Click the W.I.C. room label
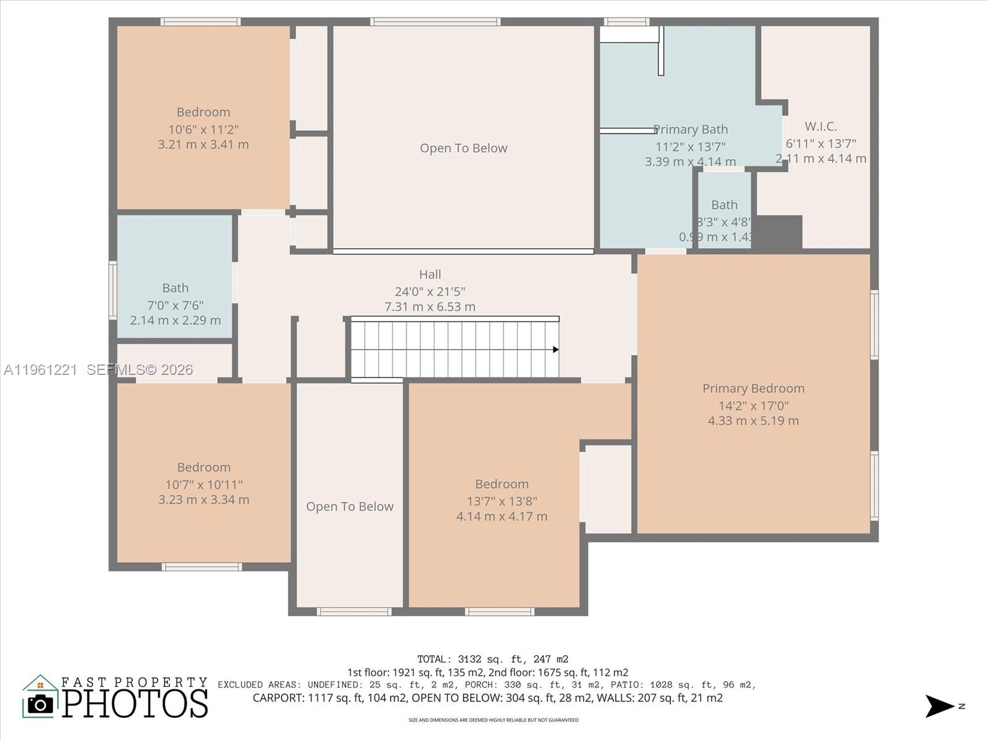pyautogui.click(x=820, y=126)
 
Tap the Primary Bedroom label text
pyautogui.click(x=753, y=388)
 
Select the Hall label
pyautogui.click(x=430, y=274)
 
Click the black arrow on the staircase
pyautogui.click(x=555, y=350)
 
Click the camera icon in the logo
pyautogui.click(x=41, y=704)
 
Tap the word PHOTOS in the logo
pyautogui.click(x=135, y=704)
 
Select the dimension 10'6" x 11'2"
pyautogui.click(x=203, y=129)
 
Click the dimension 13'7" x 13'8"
pyautogui.click(x=502, y=501)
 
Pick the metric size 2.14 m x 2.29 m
pyautogui.click(x=175, y=321)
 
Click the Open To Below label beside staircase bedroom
pyautogui.click(x=350, y=507)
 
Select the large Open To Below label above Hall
pyautogui.click(x=463, y=148)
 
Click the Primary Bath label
pyautogui.click(x=691, y=129)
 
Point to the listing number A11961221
pyautogui.click(x=41, y=370)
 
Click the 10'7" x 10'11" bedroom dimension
pyautogui.click(x=204, y=485)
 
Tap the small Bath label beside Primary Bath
pyautogui.click(x=724, y=205)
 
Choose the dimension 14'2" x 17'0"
pyautogui.click(x=753, y=406)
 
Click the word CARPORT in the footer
pyautogui.click(x=278, y=698)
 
